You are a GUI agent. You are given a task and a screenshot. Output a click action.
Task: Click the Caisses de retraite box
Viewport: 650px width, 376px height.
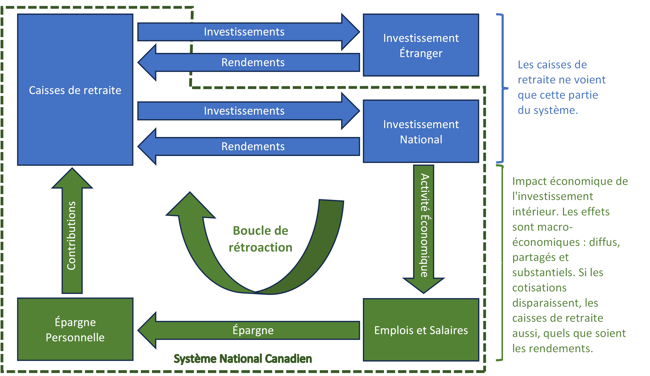click(75, 90)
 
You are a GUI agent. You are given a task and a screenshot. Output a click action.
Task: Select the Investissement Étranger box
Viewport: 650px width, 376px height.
click(421, 45)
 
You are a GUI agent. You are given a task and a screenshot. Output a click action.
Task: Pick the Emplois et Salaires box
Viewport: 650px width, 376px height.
click(421, 330)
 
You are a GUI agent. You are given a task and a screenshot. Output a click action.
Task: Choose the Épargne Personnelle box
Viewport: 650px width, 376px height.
click(75, 329)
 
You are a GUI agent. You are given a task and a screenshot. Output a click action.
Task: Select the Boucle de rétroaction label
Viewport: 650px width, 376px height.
click(260, 239)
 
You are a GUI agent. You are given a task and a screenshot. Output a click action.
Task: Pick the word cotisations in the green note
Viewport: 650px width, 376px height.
click(539, 288)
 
